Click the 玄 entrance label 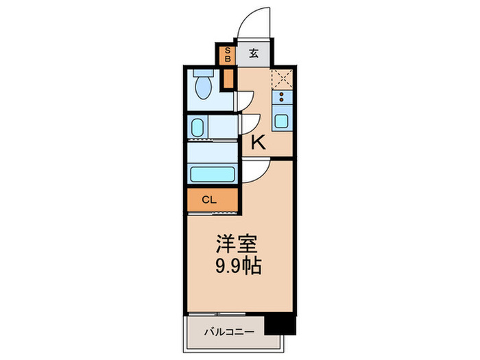254,54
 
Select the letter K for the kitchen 258,143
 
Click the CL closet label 210,200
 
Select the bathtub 213,174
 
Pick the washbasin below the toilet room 197,128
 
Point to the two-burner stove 282,97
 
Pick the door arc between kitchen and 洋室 255,171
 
